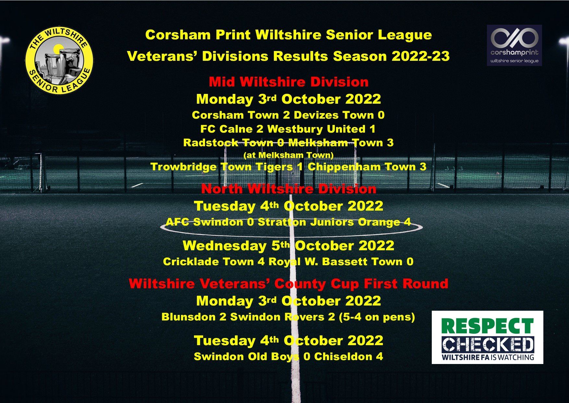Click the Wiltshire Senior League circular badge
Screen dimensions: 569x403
click(x=59, y=60)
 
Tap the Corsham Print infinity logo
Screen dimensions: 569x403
click(x=514, y=38)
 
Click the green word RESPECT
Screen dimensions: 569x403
click(x=488, y=326)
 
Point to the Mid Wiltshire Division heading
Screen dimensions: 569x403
click(x=289, y=82)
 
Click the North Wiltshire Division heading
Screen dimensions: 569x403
click(x=289, y=189)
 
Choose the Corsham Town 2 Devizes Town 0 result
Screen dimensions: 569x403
click(x=288, y=115)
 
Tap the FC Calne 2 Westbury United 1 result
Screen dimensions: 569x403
click(x=288, y=129)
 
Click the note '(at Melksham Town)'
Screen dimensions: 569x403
click(x=288, y=155)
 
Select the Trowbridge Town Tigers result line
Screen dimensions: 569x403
click(x=288, y=167)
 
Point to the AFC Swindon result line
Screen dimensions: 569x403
click(x=288, y=222)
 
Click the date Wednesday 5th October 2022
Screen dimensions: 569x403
click(x=288, y=246)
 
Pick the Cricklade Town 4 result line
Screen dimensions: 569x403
click(x=288, y=262)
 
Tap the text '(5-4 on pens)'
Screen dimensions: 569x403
click(x=377, y=317)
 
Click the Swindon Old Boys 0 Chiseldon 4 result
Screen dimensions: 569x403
click(x=288, y=357)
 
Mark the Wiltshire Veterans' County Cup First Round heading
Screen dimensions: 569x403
click(x=288, y=284)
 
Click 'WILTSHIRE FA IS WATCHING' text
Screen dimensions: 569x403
click(x=488, y=357)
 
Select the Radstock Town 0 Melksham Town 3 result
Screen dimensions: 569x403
click(x=288, y=143)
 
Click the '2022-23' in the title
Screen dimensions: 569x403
click(x=421, y=56)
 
